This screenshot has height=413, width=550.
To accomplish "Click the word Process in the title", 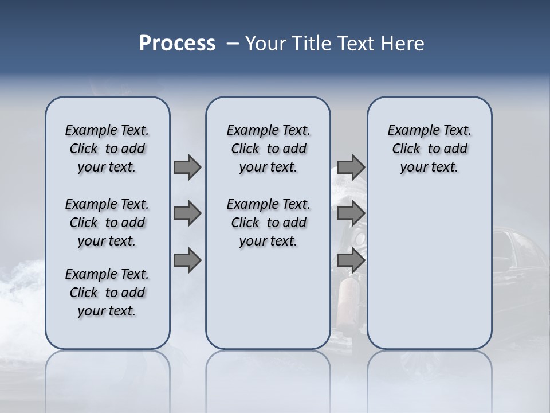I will pos(177,44).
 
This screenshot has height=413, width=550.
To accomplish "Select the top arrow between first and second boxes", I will pos(187,167).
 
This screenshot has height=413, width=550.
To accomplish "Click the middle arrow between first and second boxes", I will pos(187,214).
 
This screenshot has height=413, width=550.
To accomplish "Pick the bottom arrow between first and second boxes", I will pos(187,260).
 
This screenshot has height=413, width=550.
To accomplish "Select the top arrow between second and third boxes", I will pos(351,167).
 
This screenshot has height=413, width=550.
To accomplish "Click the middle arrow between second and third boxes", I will pos(351,214).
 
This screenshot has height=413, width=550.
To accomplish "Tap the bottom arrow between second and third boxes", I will pos(351,260).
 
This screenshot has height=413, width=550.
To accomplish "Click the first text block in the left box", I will pos(107,149).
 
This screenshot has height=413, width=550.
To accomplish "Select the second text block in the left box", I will pos(107,223).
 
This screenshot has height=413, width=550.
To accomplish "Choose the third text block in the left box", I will pos(107,293).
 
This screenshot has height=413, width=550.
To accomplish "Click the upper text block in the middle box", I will pos(268,149).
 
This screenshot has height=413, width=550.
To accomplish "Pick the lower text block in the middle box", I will pos(268,223).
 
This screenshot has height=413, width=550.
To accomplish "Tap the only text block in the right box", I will pos(429,149).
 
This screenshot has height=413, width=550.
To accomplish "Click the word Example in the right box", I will pos(408,131).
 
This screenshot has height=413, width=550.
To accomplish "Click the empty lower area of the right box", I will pos(429,275).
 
